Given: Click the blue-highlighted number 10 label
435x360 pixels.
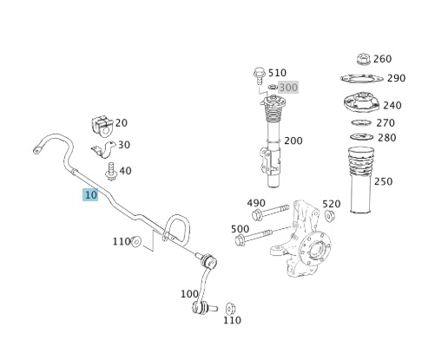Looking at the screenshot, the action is pyautogui.click(x=90, y=195).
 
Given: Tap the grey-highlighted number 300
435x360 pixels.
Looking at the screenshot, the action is pyautogui.click(x=288, y=87).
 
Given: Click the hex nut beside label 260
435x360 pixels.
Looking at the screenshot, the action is pyautogui.click(x=363, y=59).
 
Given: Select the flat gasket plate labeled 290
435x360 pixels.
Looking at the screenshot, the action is pyautogui.click(x=362, y=78).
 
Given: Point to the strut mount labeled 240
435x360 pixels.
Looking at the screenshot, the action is pyautogui.click(x=361, y=104).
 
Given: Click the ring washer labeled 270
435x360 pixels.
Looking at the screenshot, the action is pyautogui.click(x=361, y=122).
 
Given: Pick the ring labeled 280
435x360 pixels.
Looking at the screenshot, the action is pyautogui.click(x=361, y=136).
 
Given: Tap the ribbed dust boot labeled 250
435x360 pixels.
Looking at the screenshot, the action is pyautogui.click(x=360, y=180).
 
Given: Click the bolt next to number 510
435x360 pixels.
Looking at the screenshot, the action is pyautogui.click(x=260, y=75).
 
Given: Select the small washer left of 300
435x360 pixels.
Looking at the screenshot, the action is pyautogui.click(x=273, y=87).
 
